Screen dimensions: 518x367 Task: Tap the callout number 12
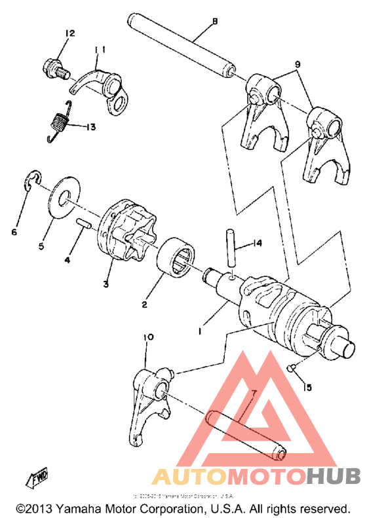(x=70, y=33)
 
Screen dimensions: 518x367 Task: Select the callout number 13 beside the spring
(x=89, y=126)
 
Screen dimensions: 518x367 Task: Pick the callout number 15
(x=305, y=388)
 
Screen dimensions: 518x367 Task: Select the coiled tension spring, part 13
(x=61, y=121)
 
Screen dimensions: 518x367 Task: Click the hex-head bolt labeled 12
(x=54, y=67)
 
